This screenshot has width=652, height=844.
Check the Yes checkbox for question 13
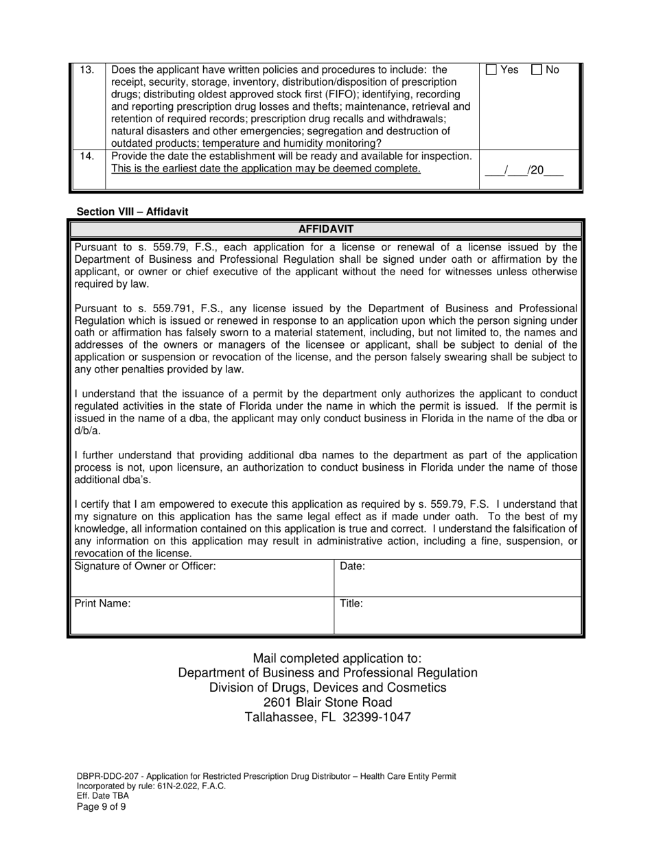click(x=491, y=70)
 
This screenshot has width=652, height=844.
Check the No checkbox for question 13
click(x=537, y=70)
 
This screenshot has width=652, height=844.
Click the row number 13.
click(x=88, y=70)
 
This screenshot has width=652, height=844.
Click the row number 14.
click(x=88, y=156)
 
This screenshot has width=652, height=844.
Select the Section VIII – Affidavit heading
click(x=132, y=211)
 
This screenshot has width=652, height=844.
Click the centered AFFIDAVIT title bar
click(x=326, y=229)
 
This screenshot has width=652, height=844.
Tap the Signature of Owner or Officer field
click(x=202, y=578)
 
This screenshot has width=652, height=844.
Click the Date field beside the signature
click(x=457, y=578)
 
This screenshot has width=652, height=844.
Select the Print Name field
click(x=202, y=616)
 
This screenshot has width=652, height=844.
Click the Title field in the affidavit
click(x=457, y=616)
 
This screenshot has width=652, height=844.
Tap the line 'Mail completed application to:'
click(x=327, y=659)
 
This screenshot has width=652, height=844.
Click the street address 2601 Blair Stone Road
click(x=327, y=702)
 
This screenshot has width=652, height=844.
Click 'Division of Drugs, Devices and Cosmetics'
click(x=327, y=688)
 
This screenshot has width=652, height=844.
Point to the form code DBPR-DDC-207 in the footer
click(x=106, y=776)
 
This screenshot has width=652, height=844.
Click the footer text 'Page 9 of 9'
click(x=101, y=806)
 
